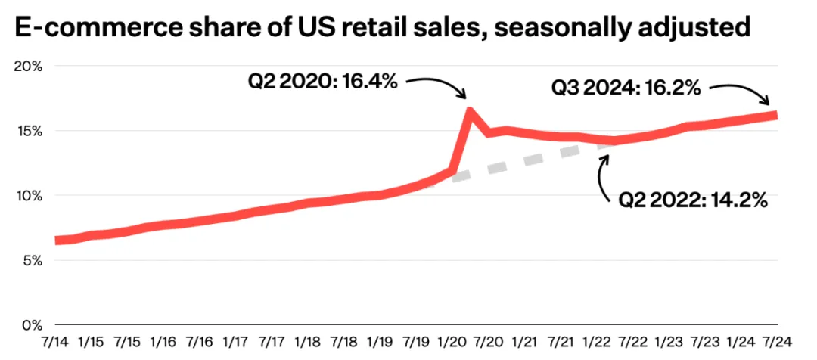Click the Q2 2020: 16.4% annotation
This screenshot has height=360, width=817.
coord(323,82)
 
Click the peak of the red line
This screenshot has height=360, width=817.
coord(470,111)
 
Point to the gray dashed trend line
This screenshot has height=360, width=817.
coord(530,161)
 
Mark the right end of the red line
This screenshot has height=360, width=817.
coord(776,115)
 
